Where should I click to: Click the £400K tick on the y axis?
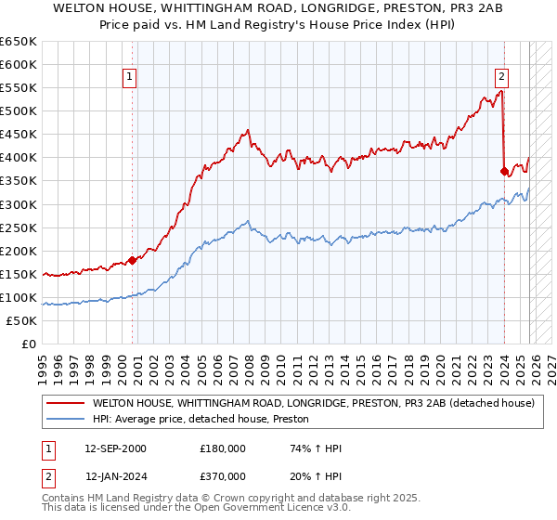pos(19,158)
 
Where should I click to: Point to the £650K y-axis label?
pos(19,42)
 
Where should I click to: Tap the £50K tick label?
pos(22,320)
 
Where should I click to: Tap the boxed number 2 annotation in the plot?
pos(501,77)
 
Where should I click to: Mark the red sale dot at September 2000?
pos(132,260)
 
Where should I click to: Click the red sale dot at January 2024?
pos(504,171)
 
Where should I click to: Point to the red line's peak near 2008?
pos(248,131)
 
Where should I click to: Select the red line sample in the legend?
pos(65,404)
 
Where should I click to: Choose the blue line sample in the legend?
pos(65,420)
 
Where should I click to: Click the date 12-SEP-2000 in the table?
pos(115,448)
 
